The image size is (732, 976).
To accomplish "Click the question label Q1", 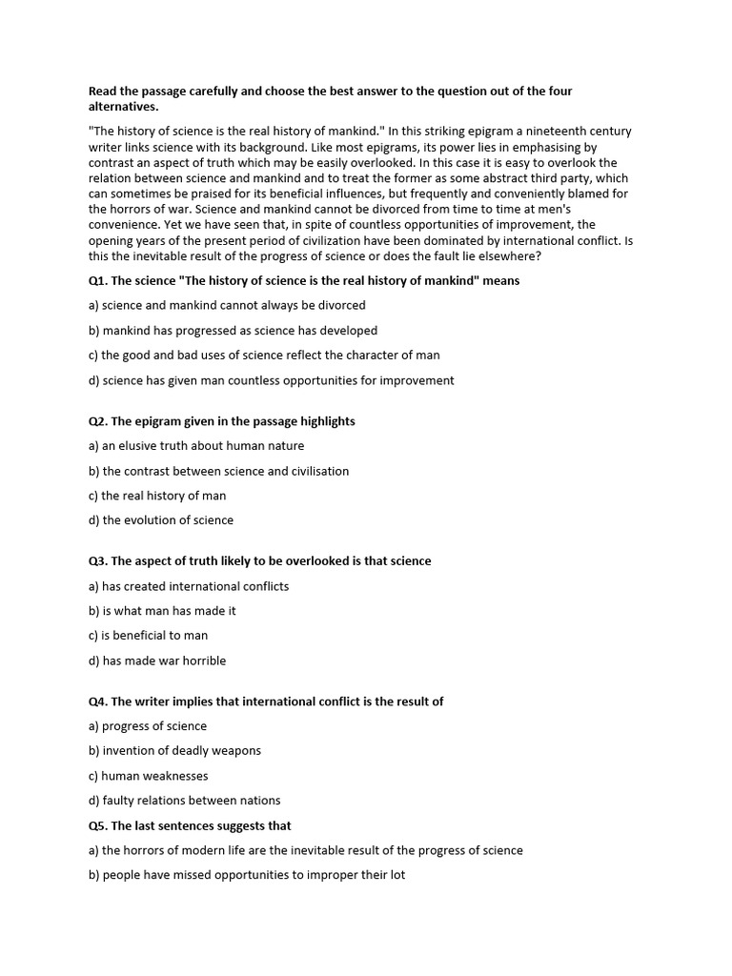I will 98,281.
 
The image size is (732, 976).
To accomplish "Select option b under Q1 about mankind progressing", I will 233,331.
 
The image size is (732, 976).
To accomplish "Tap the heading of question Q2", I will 221,421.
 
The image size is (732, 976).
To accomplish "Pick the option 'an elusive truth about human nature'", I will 196,446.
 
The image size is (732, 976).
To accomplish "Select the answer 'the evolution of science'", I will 160,520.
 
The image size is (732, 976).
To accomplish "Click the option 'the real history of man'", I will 157,496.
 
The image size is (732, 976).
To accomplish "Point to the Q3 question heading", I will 259,561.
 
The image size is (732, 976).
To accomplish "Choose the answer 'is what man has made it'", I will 162,611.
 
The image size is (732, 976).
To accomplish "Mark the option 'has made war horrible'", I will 157,661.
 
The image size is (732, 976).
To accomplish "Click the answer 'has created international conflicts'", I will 188,586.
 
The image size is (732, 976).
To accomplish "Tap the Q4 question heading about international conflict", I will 266,701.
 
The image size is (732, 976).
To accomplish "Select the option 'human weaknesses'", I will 148,776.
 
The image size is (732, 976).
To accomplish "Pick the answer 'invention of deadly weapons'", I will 174,751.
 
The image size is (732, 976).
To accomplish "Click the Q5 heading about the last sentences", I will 190,825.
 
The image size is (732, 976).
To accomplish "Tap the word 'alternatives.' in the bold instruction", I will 123,107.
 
